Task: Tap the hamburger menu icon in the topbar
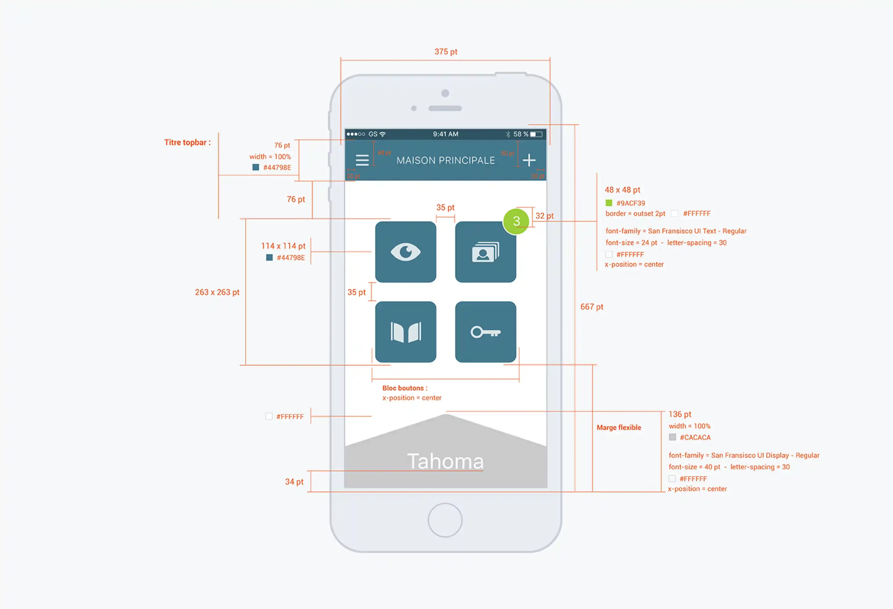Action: pyautogui.click(x=362, y=160)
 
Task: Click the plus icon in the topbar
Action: pyautogui.click(x=529, y=160)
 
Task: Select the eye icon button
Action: pyautogui.click(x=405, y=252)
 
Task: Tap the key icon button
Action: pyautogui.click(x=485, y=332)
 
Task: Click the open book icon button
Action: pyautogui.click(x=405, y=332)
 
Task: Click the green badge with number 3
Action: pyautogui.click(x=516, y=221)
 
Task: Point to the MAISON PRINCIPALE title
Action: pyautogui.click(x=446, y=160)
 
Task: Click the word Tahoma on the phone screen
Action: pyautogui.click(x=445, y=461)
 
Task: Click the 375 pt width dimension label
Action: pyautogui.click(x=446, y=52)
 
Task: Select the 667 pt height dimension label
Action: pyautogui.click(x=592, y=307)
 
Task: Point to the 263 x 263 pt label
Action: pyautogui.click(x=217, y=292)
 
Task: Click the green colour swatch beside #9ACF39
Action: pyautogui.click(x=609, y=203)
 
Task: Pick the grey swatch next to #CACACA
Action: pyautogui.click(x=673, y=437)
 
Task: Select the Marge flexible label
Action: pyautogui.click(x=618, y=428)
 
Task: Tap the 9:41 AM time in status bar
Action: pyautogui.click(x=446, y=134)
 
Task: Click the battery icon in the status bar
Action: pyautogui.click(x=536, y=134)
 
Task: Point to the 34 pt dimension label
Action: pyautogui.click(x=294, y=482)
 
